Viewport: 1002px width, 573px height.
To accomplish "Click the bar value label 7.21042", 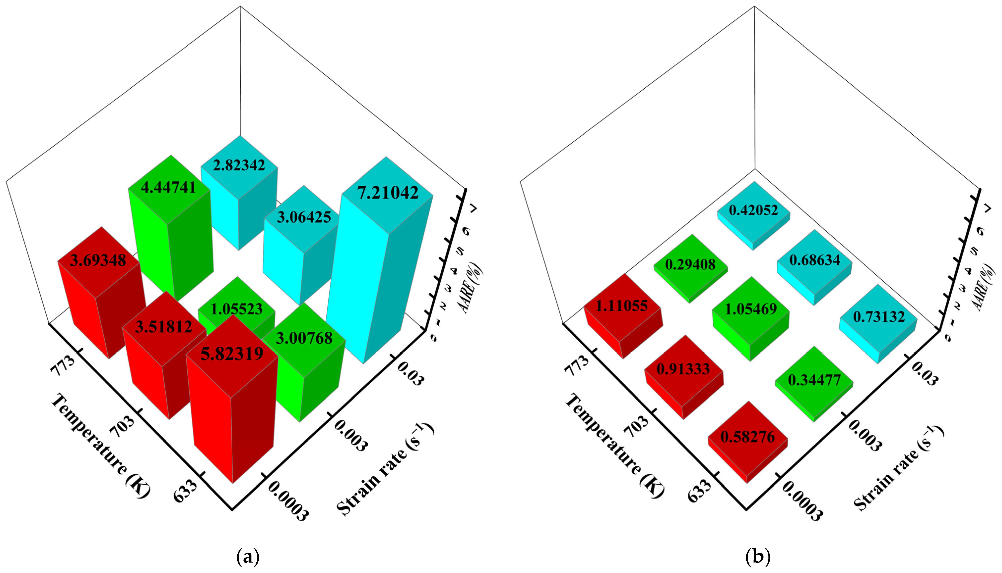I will coord(388,193).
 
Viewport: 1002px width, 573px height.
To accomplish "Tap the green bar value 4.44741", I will coord(168,187).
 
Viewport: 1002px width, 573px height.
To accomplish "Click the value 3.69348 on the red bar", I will coord(98,260).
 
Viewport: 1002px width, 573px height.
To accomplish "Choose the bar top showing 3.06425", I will coord(304,217).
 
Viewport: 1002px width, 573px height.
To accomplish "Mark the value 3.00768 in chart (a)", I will coord(304,338).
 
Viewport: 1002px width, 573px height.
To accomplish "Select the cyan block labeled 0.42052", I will coord(753,210).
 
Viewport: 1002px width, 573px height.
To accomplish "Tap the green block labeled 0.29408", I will coord(690,264).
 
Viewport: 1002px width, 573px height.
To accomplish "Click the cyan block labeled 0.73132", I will coord(879,317).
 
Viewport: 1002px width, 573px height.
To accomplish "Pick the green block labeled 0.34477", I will coord(814,380).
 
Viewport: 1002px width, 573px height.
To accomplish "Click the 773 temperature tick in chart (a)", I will coord(63,366).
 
